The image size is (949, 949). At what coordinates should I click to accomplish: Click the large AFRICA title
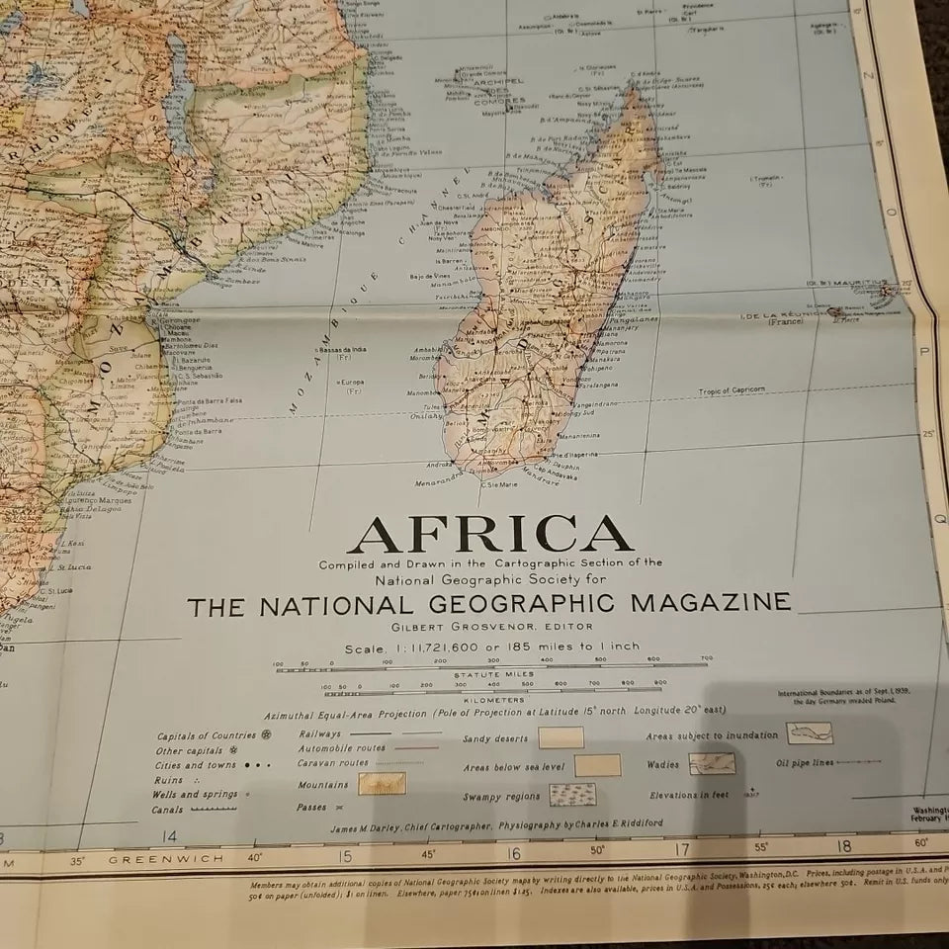tap(489, 536)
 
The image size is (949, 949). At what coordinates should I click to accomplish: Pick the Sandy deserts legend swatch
tap(561, 737)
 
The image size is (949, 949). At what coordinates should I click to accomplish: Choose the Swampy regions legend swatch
tap(572, 795)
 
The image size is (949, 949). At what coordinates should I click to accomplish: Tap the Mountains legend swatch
tap(382, 783)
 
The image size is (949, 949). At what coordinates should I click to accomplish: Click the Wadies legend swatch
tap(712, 763)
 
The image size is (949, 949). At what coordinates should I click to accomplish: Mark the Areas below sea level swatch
tap(597, 765)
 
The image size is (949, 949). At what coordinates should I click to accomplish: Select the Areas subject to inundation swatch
tap(810, 733)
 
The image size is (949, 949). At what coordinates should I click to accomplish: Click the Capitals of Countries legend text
tap(207, 735)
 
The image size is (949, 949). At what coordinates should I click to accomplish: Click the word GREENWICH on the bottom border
tap(166, 859)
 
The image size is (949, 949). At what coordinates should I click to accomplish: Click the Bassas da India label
tap(346, 351)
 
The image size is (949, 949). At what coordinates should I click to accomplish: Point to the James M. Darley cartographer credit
tap(409, 824)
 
